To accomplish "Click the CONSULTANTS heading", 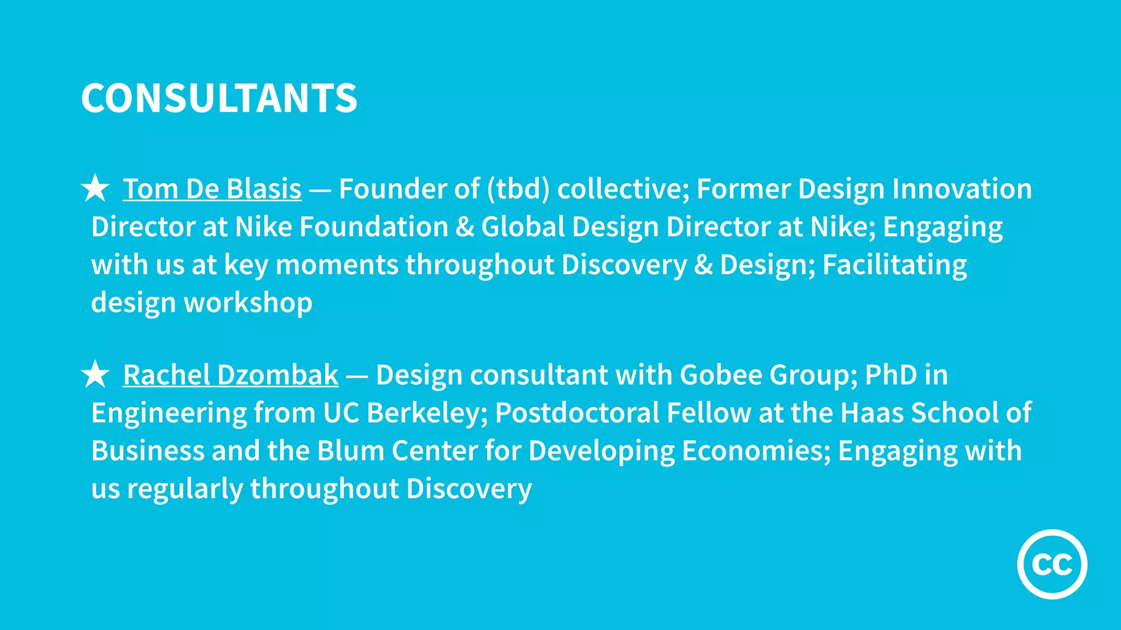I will click(x=219, y=98).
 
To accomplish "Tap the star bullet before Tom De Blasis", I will click(x=95, y=188).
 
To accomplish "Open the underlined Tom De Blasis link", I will click(x=212, y=189).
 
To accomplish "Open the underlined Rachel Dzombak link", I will click(x=230, y=375).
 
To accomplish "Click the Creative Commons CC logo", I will click(x=1052, y=564).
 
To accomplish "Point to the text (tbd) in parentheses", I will click(x=518, y=189).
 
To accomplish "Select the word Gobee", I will click(x=721, y=375).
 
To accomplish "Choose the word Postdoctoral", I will click(x=577, y=413).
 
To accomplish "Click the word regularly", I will click(x=185, y=489).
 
